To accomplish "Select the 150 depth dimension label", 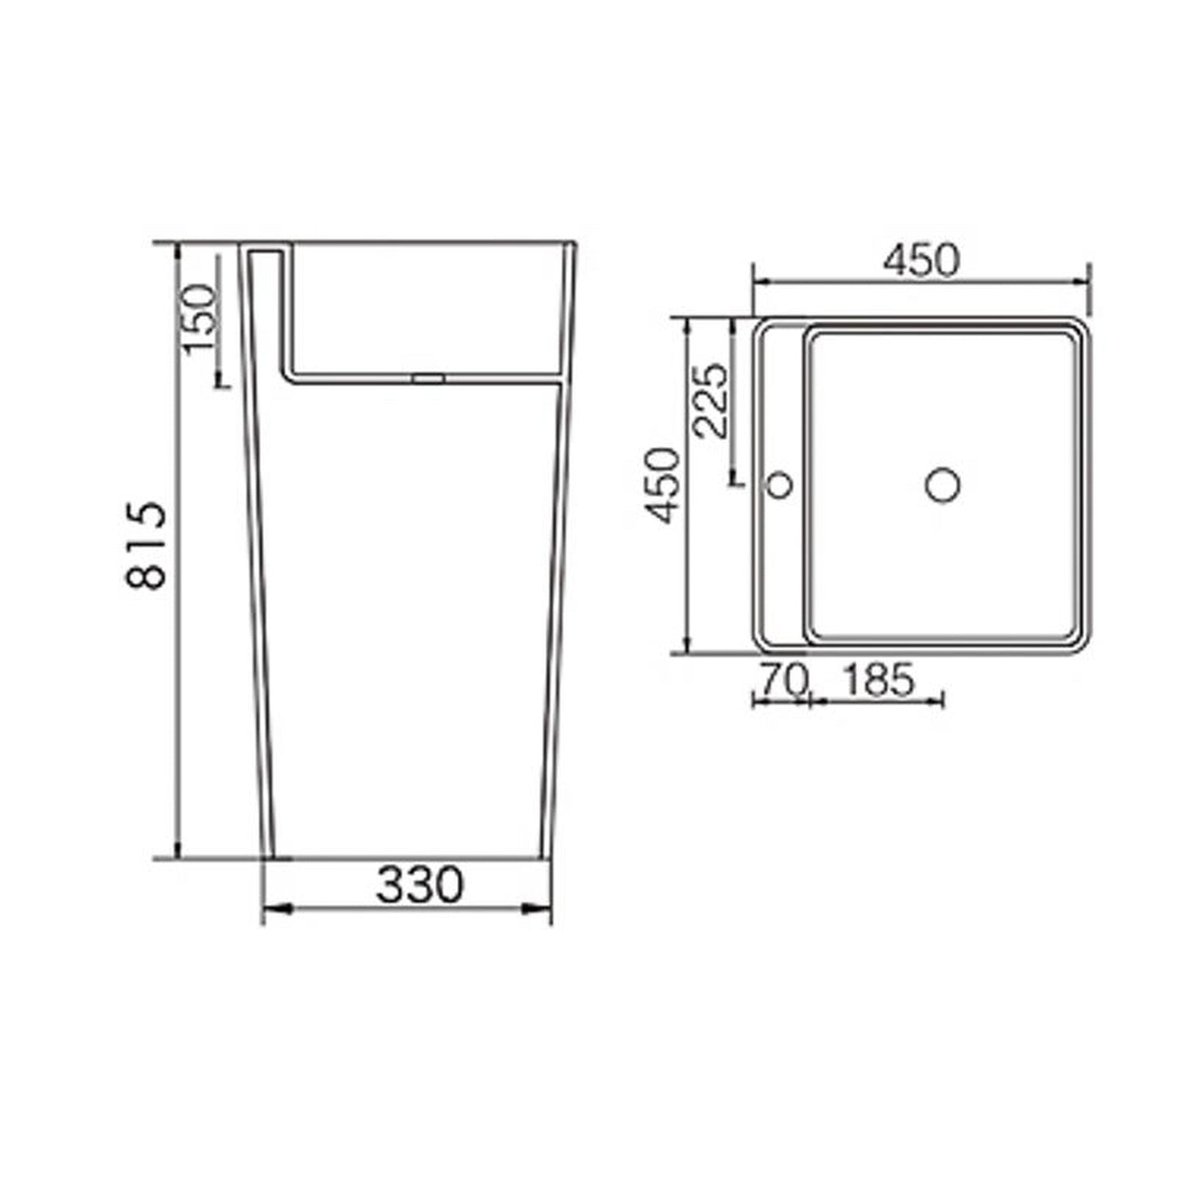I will pos(200,319).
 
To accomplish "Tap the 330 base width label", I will pos(419,885).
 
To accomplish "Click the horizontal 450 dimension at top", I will pos(922,261).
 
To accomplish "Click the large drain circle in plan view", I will pos(942,485).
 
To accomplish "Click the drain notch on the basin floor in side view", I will pos(428,378).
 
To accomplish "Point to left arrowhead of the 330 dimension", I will pos(272,908).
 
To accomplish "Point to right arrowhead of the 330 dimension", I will pos(542,908).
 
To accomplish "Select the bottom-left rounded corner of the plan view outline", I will pos(761,643).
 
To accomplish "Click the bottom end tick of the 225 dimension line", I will pos(735,482).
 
